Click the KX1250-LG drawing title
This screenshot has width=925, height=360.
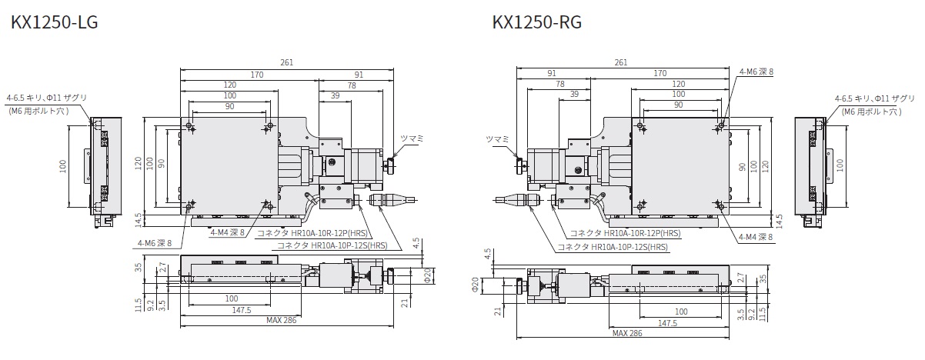pyautogui.click(x=54, y=22)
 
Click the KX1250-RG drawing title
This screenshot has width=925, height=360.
pyautogui.click(x=537, y=22)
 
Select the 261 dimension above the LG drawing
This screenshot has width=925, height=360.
pyautogui.click(x=286, y=62)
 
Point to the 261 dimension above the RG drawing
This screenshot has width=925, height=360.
pyautogui.click(x=621, y=62)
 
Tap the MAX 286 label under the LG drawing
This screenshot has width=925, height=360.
pyautogui.click(x=281, y=320)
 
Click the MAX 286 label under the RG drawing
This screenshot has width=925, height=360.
pyautogui.click(x=627, y=333)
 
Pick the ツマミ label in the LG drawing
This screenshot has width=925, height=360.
pyautogui.click(x=412, y=138)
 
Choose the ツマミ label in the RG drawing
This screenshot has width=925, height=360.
pyautogui.click(x=497, y=139)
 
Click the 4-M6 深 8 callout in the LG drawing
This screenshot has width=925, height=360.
pyautogui.click(x=155, y=243)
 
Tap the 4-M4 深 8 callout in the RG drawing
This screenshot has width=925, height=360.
pyautogui.click(x=756, y=237)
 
